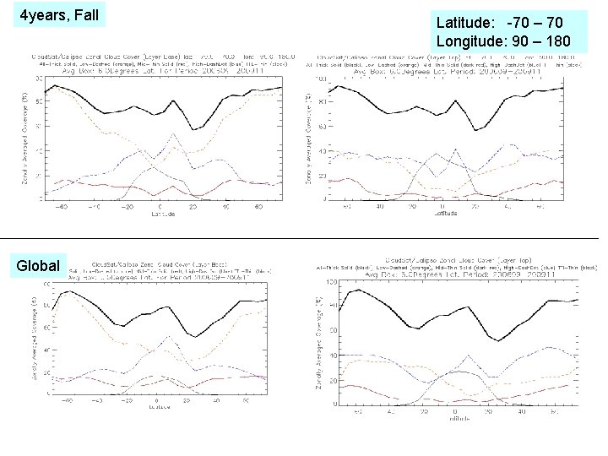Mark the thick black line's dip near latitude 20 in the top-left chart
coord(193,129)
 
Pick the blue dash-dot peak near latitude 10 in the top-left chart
coord(173,133)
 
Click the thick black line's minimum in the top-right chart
coord(478,130)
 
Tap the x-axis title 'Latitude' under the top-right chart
coord(445,214)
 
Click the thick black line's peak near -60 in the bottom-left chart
coord(66,291)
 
